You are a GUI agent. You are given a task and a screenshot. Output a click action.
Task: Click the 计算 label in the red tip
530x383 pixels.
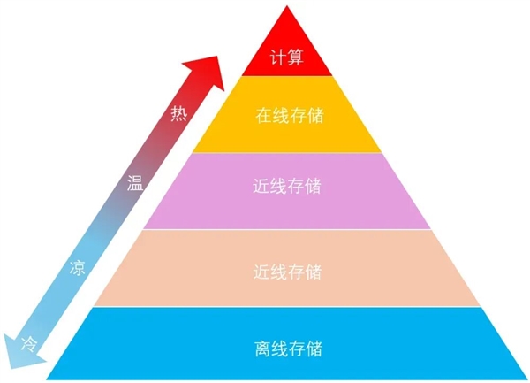tap(286, 57)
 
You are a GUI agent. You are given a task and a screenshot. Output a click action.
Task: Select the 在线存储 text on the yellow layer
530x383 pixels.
tap(290, 115)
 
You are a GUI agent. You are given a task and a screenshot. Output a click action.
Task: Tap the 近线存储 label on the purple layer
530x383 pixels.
tap(287, 186)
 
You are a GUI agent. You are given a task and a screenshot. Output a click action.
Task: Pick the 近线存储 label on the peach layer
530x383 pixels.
tap(287, 272)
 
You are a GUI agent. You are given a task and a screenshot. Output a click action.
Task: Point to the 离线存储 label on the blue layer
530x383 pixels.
tap(289, 349)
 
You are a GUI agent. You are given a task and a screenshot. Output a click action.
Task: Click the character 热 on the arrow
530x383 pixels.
tap(178, 113)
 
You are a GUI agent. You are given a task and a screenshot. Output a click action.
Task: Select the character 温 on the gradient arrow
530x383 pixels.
tap(135, 183)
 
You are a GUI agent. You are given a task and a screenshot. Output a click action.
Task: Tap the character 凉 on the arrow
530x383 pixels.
tap(78, 268)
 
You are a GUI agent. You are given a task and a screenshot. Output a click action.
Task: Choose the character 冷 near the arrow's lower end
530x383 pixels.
tap(29, 344)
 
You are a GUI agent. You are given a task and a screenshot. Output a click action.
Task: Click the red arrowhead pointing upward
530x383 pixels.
tap(206, 71)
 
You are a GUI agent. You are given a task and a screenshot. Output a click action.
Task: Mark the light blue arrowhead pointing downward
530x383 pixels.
tap(20, 354)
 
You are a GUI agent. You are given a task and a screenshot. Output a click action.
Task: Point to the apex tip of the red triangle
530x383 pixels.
tap(287, 6)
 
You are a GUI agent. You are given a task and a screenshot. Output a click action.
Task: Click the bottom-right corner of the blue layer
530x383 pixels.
tap(527, 379)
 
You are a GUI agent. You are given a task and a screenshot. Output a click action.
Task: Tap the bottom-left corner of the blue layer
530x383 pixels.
tap(46, 379)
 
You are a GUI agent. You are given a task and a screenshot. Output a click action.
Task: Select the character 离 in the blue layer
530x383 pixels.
tap(263, 349)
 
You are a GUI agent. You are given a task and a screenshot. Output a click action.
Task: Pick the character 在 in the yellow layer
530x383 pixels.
tap(264, 115)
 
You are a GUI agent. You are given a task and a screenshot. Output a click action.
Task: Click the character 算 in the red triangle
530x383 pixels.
tap(295, 57)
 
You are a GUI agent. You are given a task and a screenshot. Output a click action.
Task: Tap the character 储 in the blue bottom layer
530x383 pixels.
tap(314, 349)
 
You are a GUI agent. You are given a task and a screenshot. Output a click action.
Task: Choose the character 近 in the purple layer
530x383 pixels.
tap(261, 186)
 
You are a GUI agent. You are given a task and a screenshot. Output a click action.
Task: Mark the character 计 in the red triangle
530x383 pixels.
tap(278, 57)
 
